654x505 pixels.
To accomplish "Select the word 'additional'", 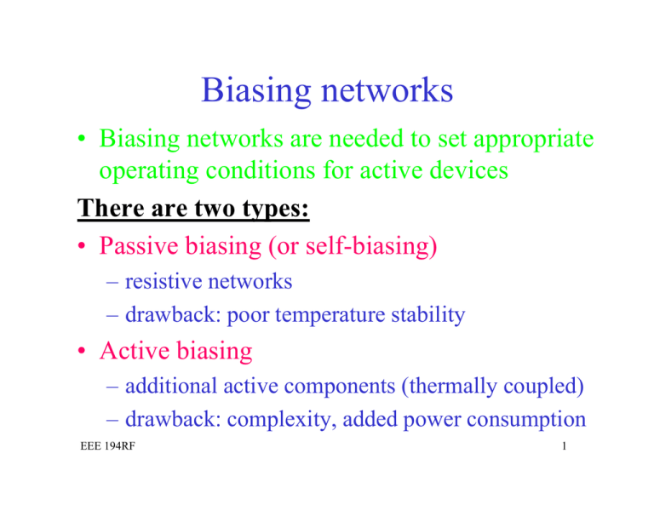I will [x=172, y=387].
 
